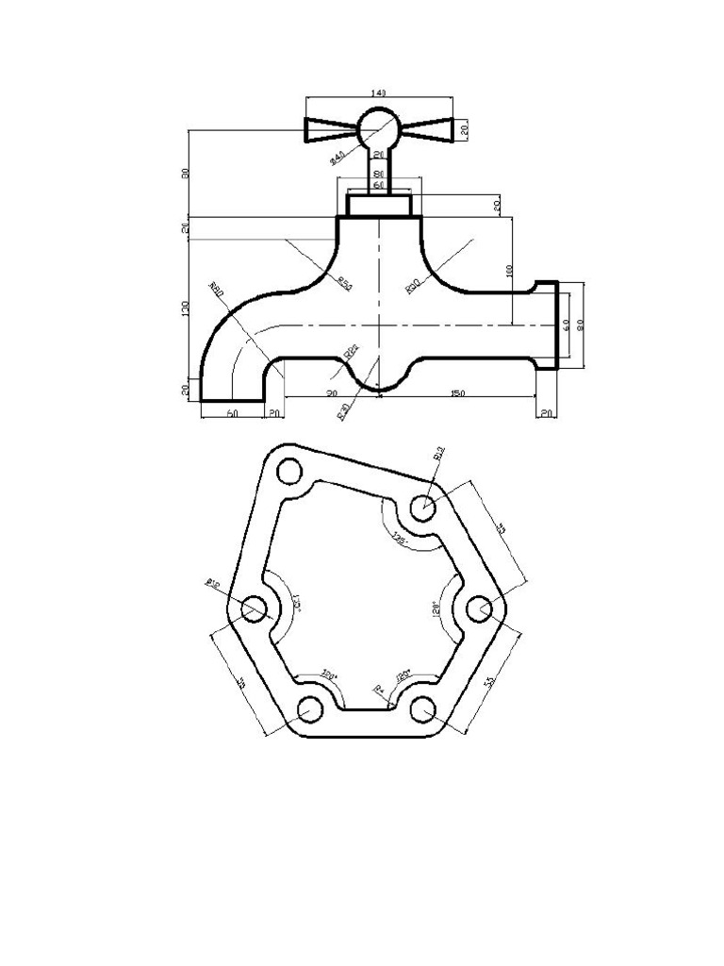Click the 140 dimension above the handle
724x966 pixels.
[x=378, y=92]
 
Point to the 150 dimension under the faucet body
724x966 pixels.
[x=456, y=392]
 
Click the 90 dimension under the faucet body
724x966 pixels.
[x=332, y=392]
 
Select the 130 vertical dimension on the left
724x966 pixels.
[x=186, y=308]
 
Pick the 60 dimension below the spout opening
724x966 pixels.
[x=232, y=413]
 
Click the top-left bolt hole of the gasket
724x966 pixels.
[x=288, y=470]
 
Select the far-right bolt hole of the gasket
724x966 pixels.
[x=479, y=608]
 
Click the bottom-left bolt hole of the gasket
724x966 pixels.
[x=310, y=708]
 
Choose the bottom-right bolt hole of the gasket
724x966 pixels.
[x=423, y=708]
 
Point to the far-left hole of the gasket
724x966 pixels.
[x=253, y=608]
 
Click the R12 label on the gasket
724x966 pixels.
[x=439, y=454]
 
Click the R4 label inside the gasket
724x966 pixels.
[x=380, y=690]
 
